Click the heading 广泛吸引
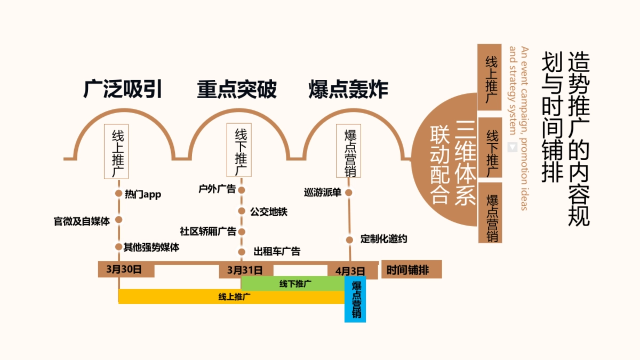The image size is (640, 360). [x=122, y=90]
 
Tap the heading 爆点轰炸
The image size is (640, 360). [x=348, y=90]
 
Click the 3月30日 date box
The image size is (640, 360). [x=126, y=269]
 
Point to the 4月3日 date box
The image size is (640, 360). [x=350, y=270]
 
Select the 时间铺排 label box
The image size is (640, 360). [x=411, y=270]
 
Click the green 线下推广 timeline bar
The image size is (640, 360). [x=293, y=284]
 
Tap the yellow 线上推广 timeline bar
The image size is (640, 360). [x=231, y=297]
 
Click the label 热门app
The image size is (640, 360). [x=142, y=194]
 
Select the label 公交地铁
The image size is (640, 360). [x=269, y=212]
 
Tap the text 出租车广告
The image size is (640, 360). [x=277, y=251]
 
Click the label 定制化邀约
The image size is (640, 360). [x=383, y=239]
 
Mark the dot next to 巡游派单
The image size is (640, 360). [x=349, y=193]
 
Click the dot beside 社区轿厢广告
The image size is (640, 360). [x=241, y=231]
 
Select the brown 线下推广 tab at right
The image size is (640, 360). [x=490, y=148]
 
